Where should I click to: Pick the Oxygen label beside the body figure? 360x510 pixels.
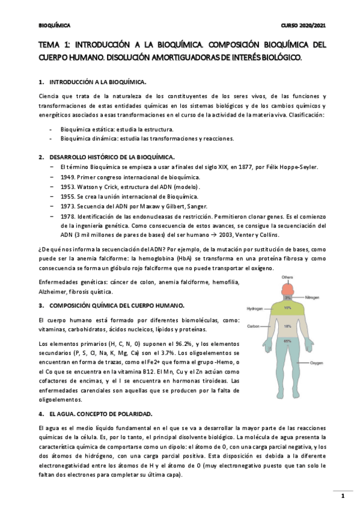click(x=316, y=364)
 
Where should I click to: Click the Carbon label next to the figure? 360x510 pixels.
click(x=253, y=326)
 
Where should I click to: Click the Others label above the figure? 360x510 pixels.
click(x=287, y=277)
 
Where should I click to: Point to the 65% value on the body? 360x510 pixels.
click(x=287, y=341)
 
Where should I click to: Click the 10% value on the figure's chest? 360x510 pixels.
click(x=287, y=307)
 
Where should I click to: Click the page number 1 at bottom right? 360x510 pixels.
click(x=342, y=496)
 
